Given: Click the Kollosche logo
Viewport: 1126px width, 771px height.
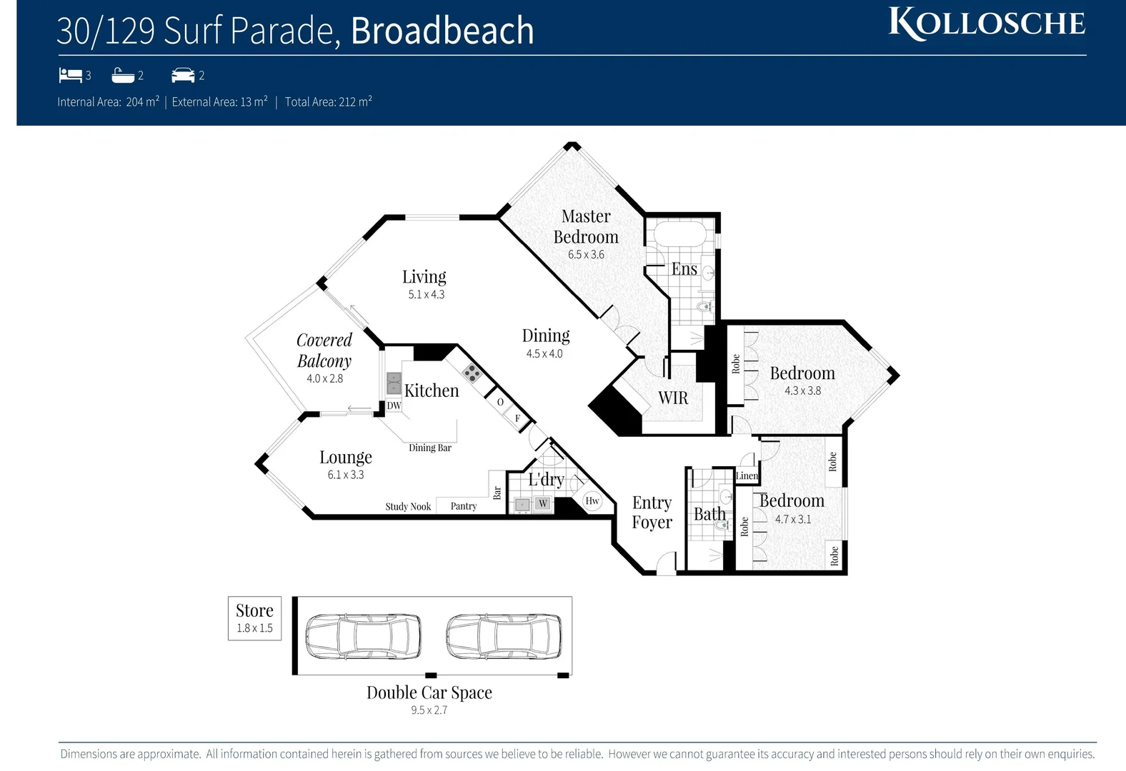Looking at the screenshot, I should (x=987, y=24).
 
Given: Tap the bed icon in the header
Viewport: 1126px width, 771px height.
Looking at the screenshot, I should (x=70, y=74).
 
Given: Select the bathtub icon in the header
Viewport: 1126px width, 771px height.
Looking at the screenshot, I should (x=123, y=75).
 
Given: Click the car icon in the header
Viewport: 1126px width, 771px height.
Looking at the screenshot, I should (x=183, y=75).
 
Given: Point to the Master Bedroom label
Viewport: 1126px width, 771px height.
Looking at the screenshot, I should (x=586, y=226).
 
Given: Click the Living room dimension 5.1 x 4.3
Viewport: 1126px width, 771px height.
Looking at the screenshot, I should (x=427, y=294).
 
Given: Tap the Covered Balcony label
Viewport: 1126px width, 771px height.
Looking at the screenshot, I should (x=324, y=350).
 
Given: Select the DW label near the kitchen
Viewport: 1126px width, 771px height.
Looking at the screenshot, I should (x=394, y=405).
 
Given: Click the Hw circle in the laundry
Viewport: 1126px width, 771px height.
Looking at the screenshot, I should (x=592, y=500).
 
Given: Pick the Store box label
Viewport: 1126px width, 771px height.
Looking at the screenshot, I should (x=254, y=611).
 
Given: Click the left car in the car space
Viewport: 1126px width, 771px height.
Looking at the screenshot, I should (x=363, y=635).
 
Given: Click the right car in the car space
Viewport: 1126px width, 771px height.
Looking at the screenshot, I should (x=504, y=635).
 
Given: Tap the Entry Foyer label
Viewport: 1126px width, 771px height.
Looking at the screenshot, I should (x=652, y=512).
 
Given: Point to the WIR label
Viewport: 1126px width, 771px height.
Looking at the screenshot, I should (x=673, y=398).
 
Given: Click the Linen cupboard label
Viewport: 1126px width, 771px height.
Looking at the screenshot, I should (x=747, y=475).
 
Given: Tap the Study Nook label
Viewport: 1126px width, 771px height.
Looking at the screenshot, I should (x=408, y=506).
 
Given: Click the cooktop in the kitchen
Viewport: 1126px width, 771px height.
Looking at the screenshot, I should (x=471, y=371).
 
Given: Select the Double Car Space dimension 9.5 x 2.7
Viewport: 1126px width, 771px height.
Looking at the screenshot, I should (x=429, y=710).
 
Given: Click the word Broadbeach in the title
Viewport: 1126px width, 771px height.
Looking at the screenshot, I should (x=442, y=31).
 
